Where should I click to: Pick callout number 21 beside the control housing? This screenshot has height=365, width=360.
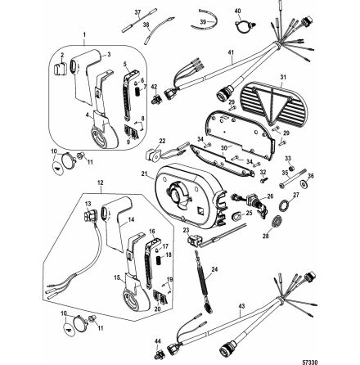coord(144,174)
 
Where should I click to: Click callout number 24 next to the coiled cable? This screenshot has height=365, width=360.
coord(215,268)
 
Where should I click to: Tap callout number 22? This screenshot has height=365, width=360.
coord(163,142)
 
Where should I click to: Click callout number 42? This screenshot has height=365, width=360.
coord(153,86)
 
